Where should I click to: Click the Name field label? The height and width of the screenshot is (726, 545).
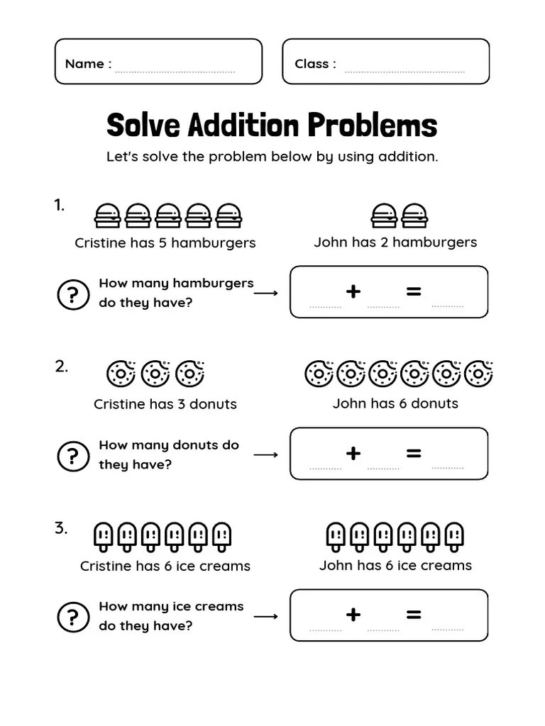pyautogui.click(x=84, y=64)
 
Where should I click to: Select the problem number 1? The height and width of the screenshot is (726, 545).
pyautogui.click(x=60, y=206)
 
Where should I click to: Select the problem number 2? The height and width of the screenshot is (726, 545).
pyautogui.click(x=62, y=367)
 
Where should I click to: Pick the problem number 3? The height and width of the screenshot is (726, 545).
pyautogui.click(x=62, y=528)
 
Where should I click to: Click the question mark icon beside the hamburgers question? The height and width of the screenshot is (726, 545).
pyautogui.click(x=73, y=294)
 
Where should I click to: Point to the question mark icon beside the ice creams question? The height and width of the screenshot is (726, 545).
pyautogui.click(x=73, y=618)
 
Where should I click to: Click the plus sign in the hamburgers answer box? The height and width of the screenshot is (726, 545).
pyautogui.click(x=353, y=291)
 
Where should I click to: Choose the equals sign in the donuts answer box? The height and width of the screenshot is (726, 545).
pyautogui.click(x=414, y=453)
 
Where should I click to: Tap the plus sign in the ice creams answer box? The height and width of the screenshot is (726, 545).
pyautogui.click(x=353, y=615)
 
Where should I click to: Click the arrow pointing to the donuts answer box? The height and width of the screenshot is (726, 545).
pyautogui.click(x=265, y=454)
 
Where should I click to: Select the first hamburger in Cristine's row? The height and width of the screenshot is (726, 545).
pyautogui.click(x=107, y=215)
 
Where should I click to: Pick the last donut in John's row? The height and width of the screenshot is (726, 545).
pyautogui.click(x=480, y=373)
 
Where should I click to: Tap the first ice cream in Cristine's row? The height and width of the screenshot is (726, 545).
pyautogui.click(x=103, y=537)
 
